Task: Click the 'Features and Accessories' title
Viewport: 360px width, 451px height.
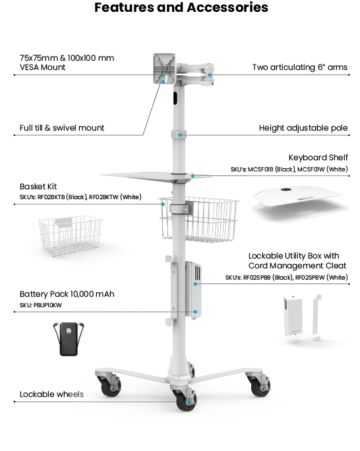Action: [181, 7]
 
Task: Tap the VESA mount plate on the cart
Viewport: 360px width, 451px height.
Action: [164, 69]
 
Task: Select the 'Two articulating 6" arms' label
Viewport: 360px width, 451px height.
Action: [300, 67]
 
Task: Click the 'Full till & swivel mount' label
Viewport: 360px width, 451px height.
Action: [62, 128]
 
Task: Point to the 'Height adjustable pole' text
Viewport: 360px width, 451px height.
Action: [303, 128]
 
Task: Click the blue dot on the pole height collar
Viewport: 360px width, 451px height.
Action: [180, 135]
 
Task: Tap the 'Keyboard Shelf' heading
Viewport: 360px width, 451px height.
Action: [318, 158]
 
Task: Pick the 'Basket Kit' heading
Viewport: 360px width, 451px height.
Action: [38, 187]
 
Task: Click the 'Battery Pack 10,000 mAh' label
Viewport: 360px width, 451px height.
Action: [67, 294]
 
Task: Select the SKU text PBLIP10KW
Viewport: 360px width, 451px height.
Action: [47, 305]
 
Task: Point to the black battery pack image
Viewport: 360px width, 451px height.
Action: [69, 339]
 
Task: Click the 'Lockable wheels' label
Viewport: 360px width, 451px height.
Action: [51, 394]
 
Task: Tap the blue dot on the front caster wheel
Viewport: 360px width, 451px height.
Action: [189, 402]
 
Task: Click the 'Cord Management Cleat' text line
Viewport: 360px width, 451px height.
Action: [297, 266]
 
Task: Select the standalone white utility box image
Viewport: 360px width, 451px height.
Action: [293, 315]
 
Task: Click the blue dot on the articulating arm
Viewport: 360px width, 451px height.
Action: [210, 75]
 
